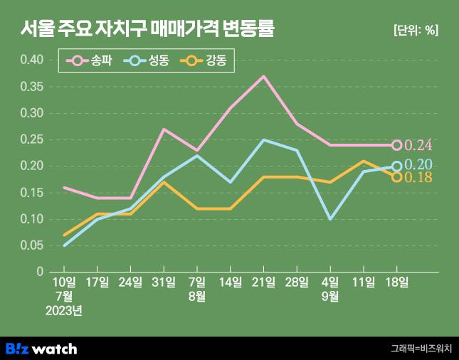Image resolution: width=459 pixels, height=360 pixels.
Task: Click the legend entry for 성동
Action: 146,61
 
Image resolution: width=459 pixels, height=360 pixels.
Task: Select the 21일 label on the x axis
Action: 263,282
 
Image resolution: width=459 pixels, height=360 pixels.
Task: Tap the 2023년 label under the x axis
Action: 64,310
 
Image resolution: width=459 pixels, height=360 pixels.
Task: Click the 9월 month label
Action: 329,297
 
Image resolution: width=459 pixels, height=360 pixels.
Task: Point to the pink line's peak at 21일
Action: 263,76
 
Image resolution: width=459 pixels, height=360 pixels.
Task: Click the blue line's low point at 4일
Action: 329,219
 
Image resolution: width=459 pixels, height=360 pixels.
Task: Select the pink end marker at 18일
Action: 396,145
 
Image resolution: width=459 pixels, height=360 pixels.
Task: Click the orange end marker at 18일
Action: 396,177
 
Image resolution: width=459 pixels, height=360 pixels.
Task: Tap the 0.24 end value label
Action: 418,146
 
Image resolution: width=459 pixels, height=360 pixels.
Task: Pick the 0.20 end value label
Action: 418,165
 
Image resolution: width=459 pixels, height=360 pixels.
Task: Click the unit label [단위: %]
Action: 416,30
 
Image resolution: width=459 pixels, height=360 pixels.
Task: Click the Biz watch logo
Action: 41,349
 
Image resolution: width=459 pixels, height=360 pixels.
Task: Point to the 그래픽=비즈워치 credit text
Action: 421,349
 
